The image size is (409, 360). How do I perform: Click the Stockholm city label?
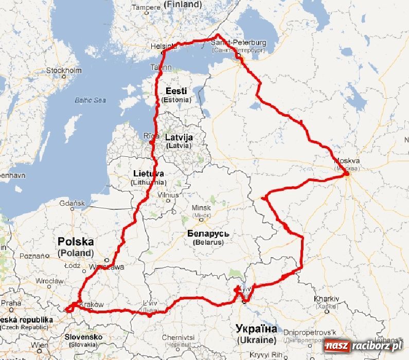(x=64, y=70)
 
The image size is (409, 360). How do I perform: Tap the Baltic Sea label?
(x=90, y=100)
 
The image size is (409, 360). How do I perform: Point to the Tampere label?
(x=146, y=8)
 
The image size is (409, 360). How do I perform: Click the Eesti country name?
(x=176, y=91)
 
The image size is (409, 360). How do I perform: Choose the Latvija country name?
(x=179, y=137)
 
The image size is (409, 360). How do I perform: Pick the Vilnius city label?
(x=168, y=195)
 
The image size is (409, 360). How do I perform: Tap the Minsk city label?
(x=201, y=208)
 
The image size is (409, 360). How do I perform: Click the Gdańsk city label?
(x=72, y=203)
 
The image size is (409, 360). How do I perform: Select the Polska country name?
(x=76, y=241)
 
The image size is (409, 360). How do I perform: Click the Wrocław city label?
(x=49, y=281)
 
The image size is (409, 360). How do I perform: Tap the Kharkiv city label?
(x=326, y=299)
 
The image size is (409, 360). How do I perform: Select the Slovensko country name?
(x=83, y=337)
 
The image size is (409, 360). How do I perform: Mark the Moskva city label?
(x=347, y=160)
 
